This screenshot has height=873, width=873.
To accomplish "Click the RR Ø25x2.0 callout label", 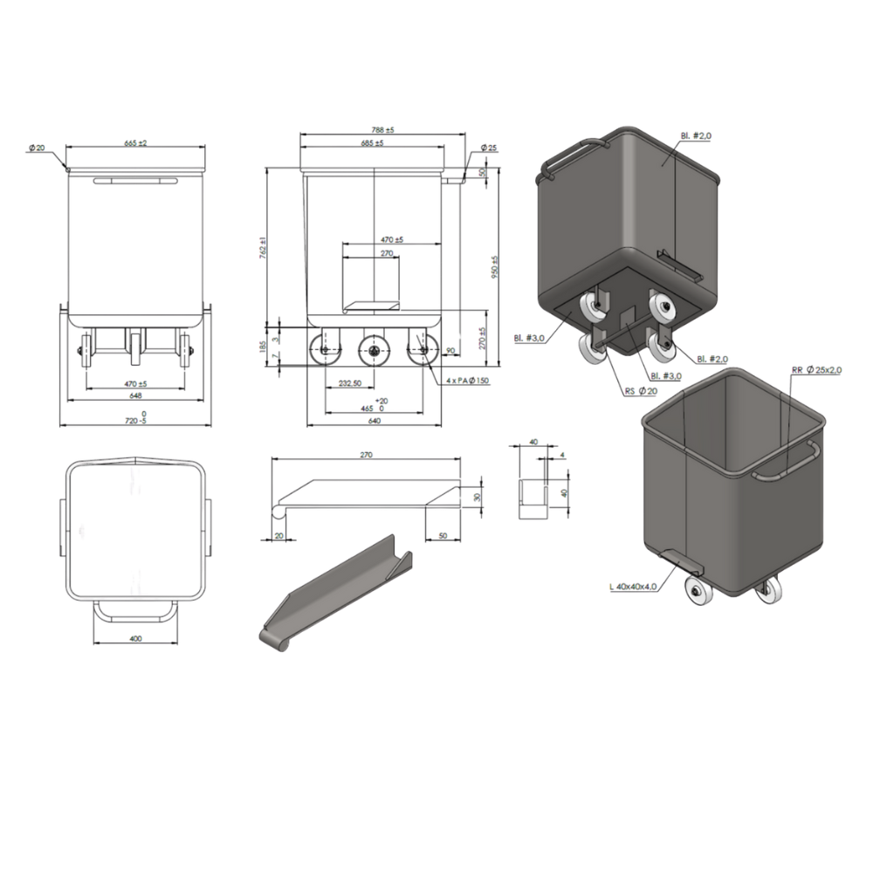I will (816, 370).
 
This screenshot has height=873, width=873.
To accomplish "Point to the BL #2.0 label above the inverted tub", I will (696, 137).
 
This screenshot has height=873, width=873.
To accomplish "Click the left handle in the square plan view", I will (62, 526).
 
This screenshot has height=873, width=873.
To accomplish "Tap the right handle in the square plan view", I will (210, 526).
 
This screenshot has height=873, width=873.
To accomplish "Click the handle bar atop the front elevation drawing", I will (136, 181).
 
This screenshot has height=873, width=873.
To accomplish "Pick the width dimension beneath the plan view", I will (136, 639).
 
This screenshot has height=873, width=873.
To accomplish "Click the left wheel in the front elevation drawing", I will (86, 351).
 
